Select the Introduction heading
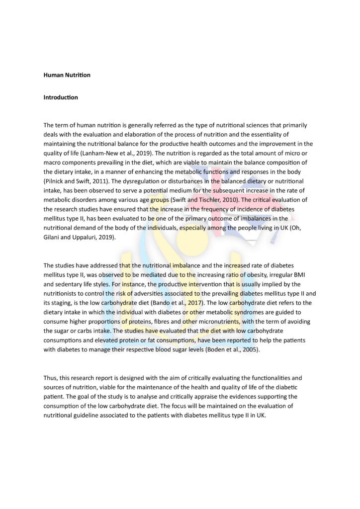[x=61, y=97]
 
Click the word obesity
[x=244, y=275]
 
